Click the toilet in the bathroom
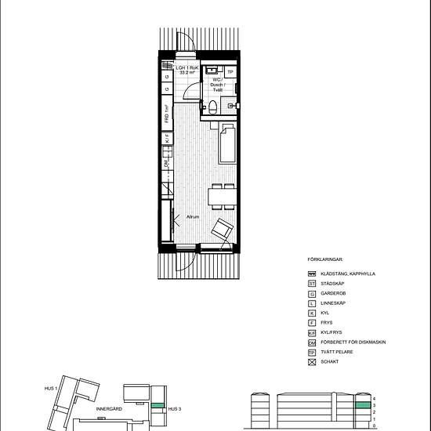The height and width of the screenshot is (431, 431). pos(212,107)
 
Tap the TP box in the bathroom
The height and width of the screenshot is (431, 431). pos(230,72)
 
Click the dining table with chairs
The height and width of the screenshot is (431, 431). pos(221,196)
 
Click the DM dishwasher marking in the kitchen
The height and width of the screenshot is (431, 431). pos(167,165)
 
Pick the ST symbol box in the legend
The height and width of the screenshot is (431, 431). pos(312,282)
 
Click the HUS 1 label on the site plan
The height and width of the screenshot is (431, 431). pos(53,389)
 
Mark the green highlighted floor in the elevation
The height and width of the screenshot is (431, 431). pos(362,405)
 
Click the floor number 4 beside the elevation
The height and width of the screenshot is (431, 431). pos(375,398)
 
